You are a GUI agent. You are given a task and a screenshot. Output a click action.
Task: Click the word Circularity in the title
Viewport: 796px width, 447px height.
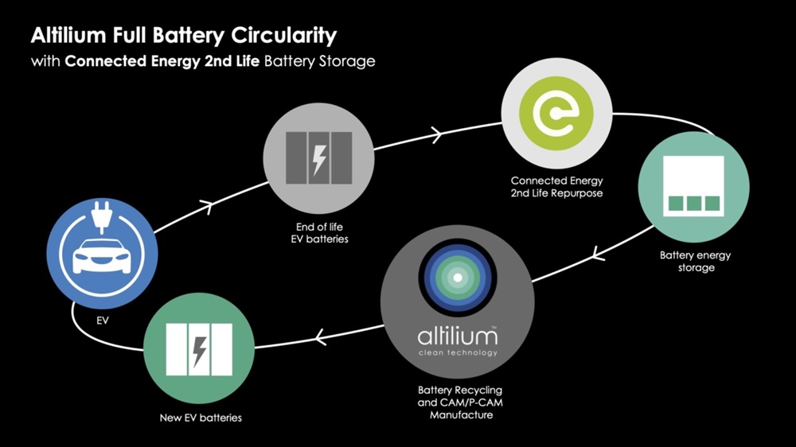click(284, 36)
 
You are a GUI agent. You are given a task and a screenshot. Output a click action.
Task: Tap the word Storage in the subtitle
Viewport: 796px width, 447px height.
click(347, 61)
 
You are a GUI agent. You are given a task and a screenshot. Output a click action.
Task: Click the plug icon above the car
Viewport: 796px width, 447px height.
click(102, 217)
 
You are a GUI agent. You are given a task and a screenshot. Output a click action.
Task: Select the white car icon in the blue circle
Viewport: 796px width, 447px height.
click(102, 257)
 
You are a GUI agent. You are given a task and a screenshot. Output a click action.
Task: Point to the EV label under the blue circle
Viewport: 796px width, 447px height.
click(102, 321)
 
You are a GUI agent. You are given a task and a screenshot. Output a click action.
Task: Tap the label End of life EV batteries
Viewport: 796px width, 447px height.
click(319, 233)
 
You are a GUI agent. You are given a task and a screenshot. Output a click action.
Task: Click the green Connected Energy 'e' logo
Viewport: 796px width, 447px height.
click(556, 113)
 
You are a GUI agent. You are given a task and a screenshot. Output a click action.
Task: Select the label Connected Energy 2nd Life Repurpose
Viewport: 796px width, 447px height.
click(557, 187)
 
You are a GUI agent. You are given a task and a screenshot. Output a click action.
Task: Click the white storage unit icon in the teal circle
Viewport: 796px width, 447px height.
click(693, 185)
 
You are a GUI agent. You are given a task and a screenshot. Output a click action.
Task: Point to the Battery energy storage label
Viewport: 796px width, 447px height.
click(696, 262)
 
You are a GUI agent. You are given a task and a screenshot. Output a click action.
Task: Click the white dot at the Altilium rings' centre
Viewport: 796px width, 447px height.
click(458, 278)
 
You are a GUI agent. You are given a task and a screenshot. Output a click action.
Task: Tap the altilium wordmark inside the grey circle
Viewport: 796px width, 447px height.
click(458, 336)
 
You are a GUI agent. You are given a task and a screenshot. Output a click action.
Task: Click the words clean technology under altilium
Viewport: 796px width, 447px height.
click(458, 352)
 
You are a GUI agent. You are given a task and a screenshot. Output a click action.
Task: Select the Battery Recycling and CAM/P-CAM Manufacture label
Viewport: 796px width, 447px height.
click(460, 402)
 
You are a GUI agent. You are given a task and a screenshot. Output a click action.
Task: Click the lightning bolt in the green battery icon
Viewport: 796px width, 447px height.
click(200, 351)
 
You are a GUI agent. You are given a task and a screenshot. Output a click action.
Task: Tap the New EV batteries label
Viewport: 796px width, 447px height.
click(201, 418)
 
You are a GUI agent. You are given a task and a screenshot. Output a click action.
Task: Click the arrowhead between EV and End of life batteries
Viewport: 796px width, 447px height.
click(207, 207)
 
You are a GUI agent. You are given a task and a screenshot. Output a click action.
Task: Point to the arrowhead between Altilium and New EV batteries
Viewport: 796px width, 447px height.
click(319, 336)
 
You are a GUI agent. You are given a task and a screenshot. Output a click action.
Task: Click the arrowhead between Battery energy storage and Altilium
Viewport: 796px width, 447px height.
click(598, 252)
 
